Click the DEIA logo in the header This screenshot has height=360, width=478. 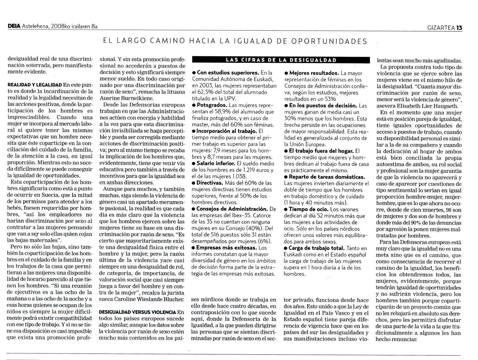pos(14,27)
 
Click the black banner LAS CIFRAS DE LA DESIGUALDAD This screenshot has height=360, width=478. pos(281,60)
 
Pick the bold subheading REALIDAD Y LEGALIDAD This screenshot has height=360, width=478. pos(34,85)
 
